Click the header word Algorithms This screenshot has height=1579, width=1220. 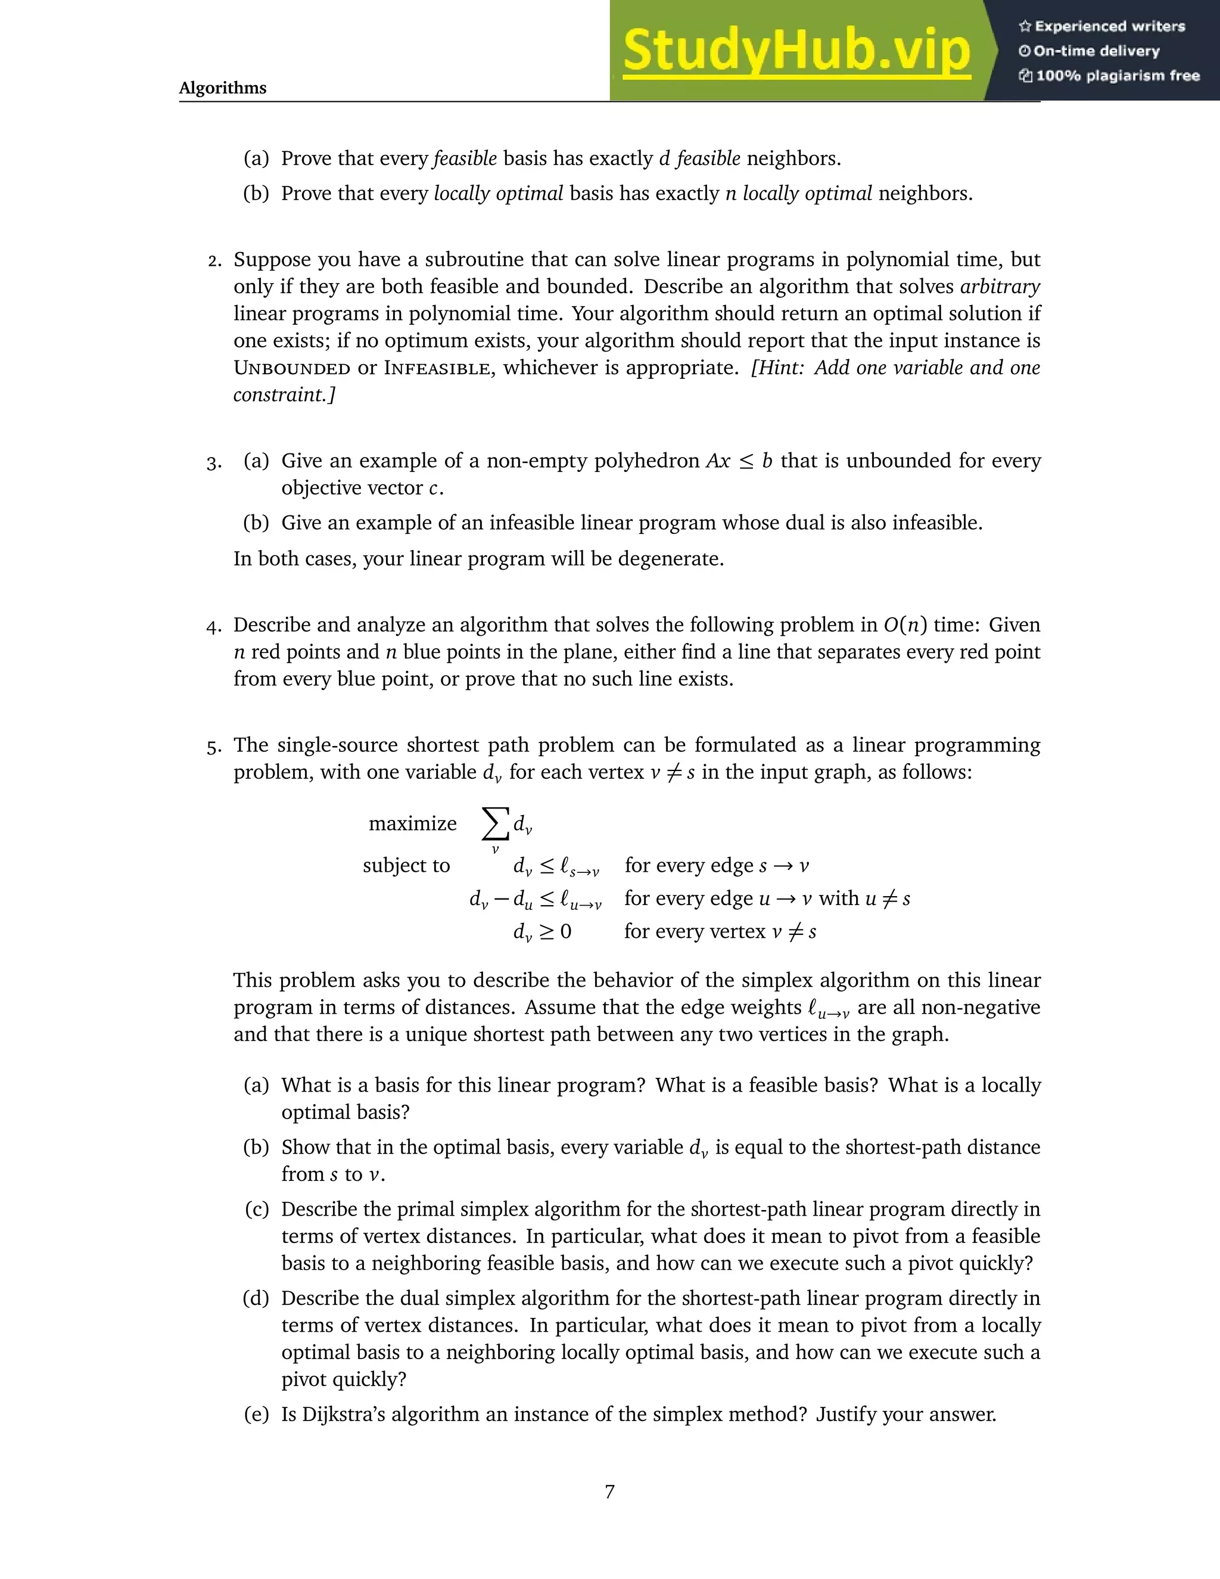click(223, 88)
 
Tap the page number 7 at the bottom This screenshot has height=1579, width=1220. click(609, 1491)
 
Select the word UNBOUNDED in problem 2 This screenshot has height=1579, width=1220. click(292, 368)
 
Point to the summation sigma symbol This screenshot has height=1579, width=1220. click(494, 823)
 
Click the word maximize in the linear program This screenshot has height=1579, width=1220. click(413, 823)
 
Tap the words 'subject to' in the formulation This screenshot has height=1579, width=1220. click(406, 865)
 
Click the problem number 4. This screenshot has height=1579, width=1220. click(213, 626)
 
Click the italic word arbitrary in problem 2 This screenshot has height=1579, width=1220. click(1000, 287)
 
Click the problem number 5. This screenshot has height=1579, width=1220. click(213, 746)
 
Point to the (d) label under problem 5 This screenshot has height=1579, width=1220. click(256, 1298)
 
